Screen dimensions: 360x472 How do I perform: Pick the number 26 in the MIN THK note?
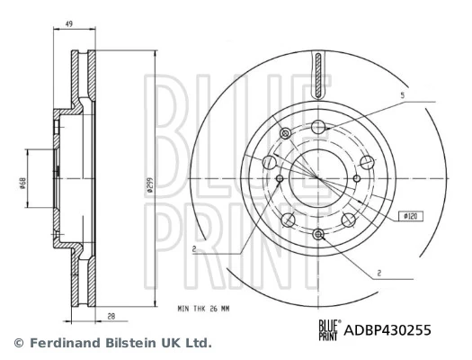212,308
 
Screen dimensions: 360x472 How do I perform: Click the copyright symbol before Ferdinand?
16,343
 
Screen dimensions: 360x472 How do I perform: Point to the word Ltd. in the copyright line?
198,343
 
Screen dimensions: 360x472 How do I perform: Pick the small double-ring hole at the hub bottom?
318,235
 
